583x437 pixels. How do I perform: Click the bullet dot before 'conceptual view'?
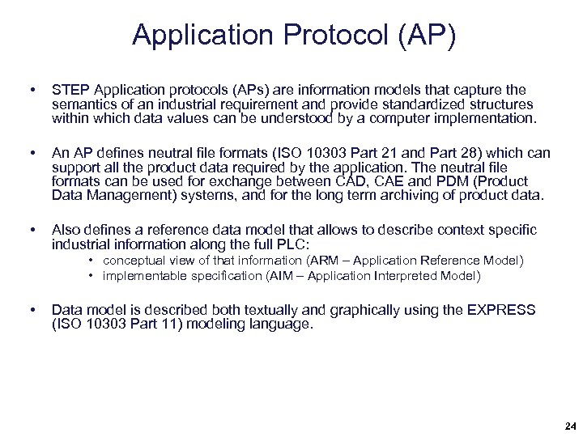(93, 261)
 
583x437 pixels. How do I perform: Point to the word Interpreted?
(406, 276)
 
